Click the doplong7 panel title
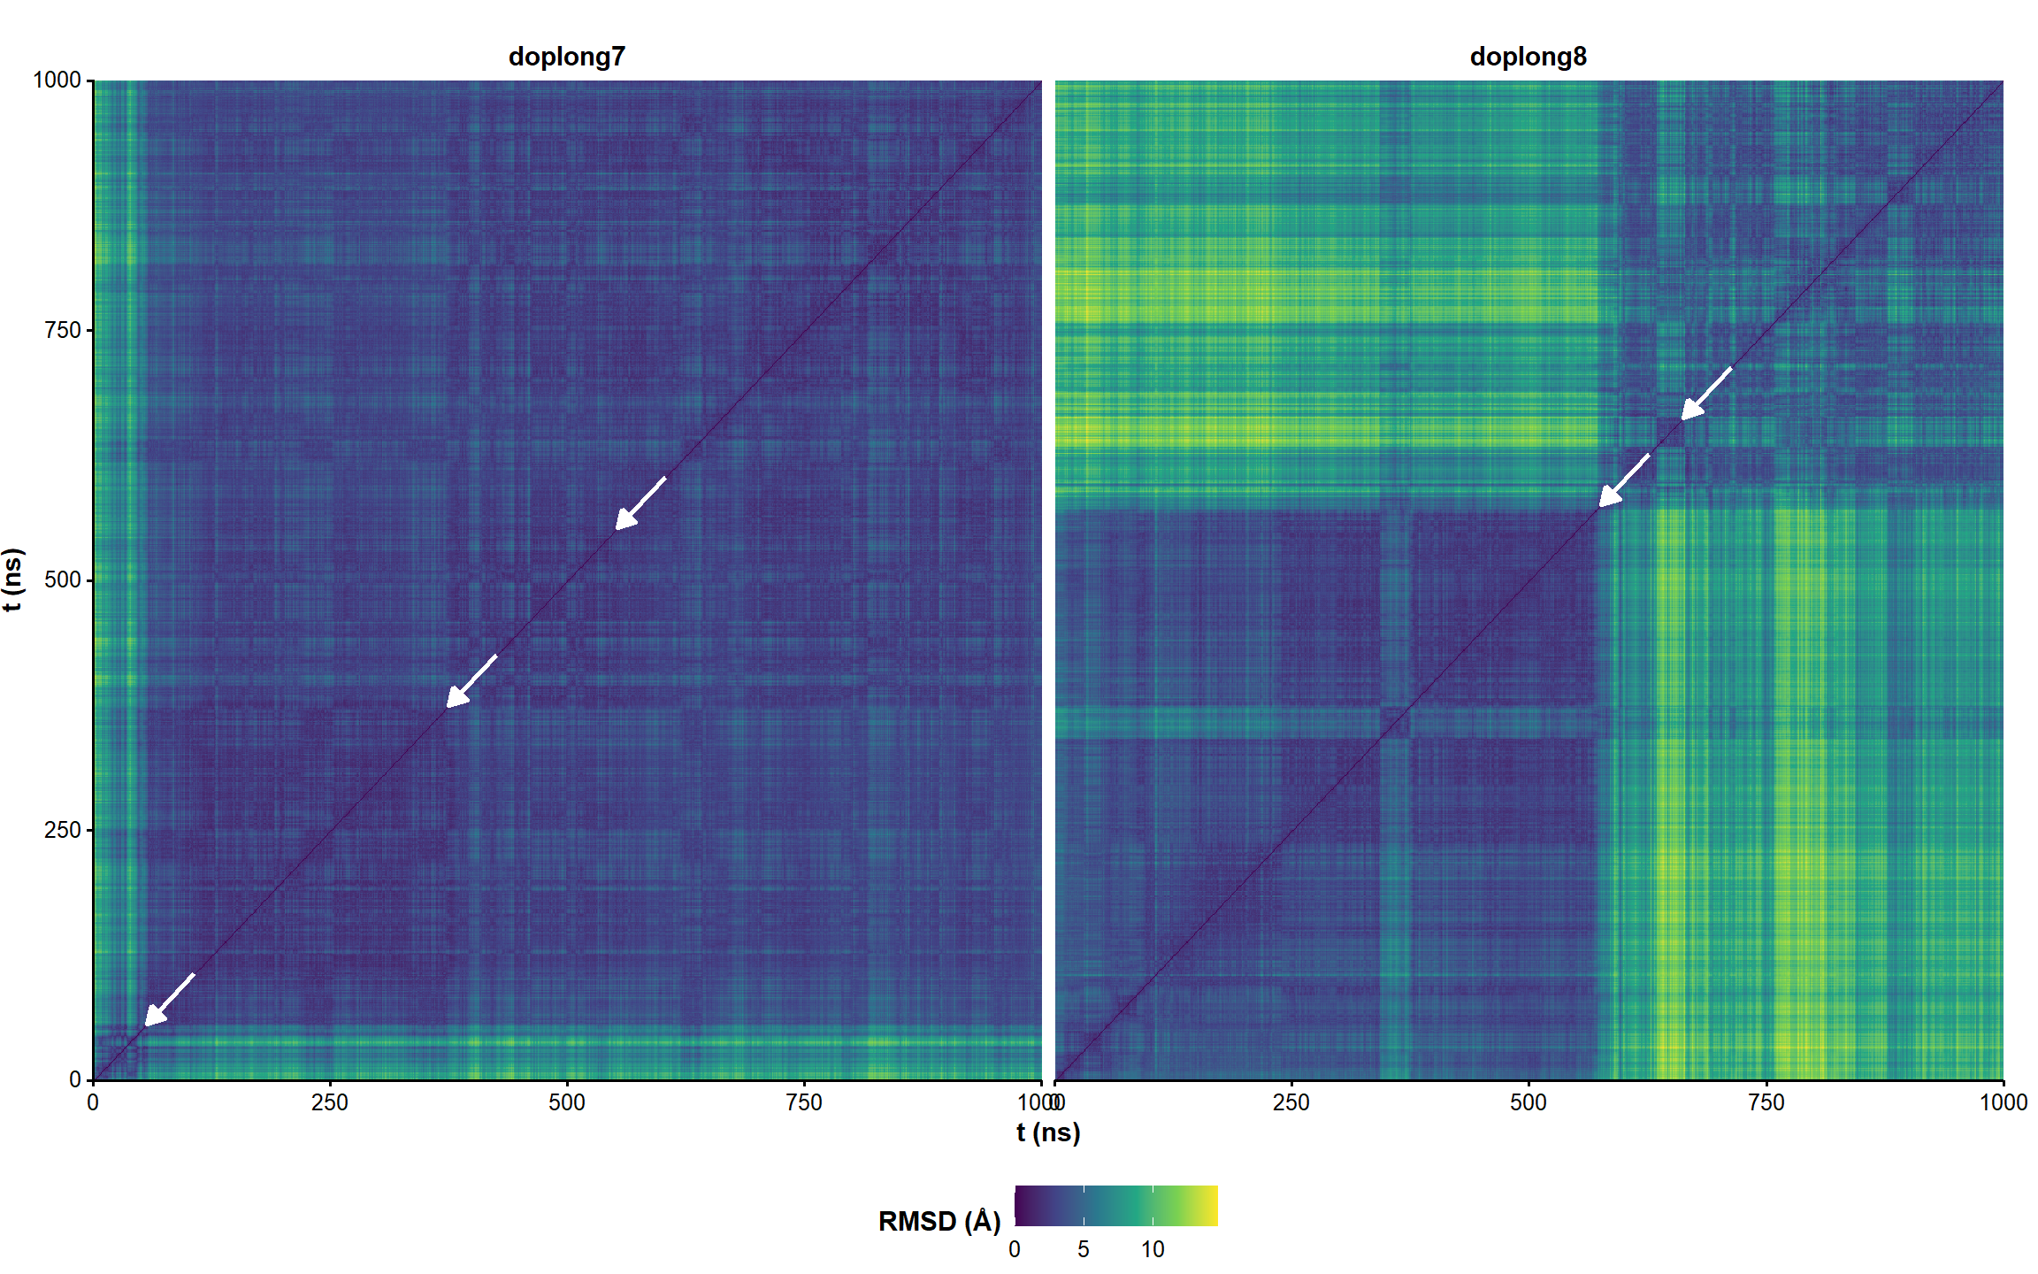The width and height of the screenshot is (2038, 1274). [x=566, y=57]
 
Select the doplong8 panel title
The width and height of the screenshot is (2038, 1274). [x=1528, y=57]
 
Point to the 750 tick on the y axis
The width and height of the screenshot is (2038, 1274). [x=62, y=330]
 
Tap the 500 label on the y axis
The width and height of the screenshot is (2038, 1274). [x=62, y=579]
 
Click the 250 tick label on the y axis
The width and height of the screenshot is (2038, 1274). [x=62, y=830]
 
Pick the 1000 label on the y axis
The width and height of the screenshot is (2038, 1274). [x=57, y=81]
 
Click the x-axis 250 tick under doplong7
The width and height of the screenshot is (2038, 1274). [x=330, y=1102]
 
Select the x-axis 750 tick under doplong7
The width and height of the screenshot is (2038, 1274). [x=804, y=1102]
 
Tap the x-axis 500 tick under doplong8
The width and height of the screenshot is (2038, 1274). [x=1528, y=1102]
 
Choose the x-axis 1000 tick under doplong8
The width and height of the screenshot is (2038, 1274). [x=2004, y=1102]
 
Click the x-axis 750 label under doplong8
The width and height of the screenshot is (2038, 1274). [x=1766, y=1102]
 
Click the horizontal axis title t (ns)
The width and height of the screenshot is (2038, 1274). [x=1048, y=1132]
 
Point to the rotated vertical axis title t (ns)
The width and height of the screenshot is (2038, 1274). [x=13, y=579]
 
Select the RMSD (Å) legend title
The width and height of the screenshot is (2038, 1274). [x=939, y=1222]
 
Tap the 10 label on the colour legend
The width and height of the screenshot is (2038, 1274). [x=1152, y=1249]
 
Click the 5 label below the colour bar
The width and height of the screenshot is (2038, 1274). [x=1084, y=1249]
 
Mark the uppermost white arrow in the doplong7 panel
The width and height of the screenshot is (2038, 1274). [x=640, y=503]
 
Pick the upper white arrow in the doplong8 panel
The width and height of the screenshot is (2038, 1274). [x=1705, y=394]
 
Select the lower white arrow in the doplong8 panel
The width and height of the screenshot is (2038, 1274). [x=1623, y=480]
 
